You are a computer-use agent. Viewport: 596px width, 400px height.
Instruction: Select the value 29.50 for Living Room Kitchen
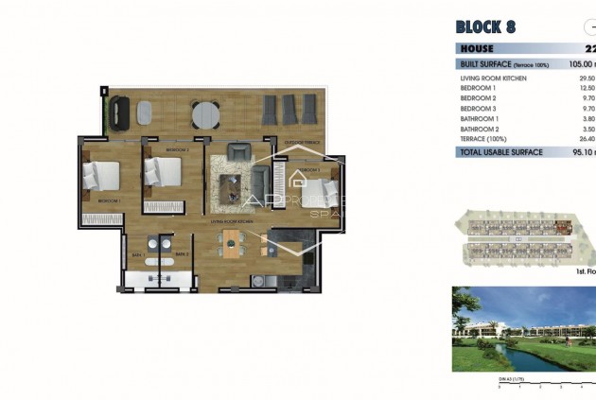(x=587, y=78)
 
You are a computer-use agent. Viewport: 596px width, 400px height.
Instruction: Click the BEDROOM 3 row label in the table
(x=479, y=108)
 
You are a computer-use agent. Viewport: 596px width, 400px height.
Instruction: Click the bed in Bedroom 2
(x=162, y=173)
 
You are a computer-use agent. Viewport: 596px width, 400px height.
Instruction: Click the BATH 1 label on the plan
(x=138, y=254)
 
